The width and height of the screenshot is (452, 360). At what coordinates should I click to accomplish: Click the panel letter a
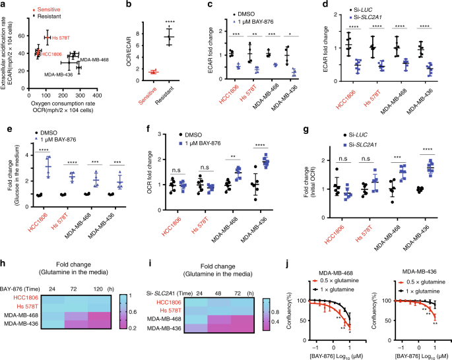[3, 5]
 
